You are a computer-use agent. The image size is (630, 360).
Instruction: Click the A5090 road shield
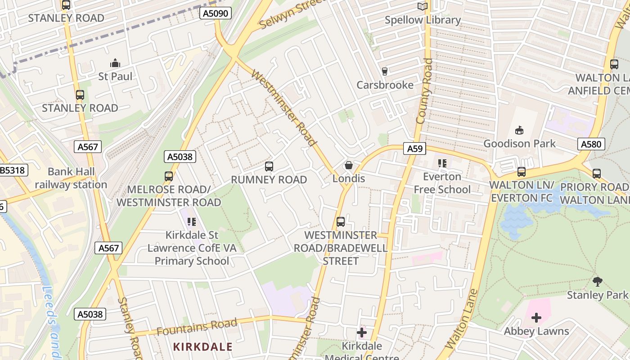click(216, 13)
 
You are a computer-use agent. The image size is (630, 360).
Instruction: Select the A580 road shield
click(591, 144)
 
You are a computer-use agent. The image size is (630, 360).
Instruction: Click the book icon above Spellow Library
click(422, 6)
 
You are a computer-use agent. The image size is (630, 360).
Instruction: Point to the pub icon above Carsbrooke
click(384, 71)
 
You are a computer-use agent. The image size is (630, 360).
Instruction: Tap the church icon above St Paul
click(115, 63)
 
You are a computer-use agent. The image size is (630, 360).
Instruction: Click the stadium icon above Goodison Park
click(519, 130)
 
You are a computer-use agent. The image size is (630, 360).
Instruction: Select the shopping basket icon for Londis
click(348, 165)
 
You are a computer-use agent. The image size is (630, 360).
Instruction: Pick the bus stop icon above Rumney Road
click(269, 166)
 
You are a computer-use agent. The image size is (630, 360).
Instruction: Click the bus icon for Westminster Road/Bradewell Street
click(341, 222)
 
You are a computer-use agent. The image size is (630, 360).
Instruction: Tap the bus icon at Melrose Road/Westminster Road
click(169, 176)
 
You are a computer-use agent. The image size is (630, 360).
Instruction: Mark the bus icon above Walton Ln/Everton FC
click(521, 171)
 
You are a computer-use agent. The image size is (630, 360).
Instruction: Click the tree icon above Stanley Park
click(597, 282)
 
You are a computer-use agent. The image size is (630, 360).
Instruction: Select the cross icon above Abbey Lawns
click(536, 318)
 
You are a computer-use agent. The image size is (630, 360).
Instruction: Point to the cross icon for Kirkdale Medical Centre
click(361, 333)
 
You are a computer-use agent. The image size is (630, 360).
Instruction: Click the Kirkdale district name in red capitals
click(203, 346)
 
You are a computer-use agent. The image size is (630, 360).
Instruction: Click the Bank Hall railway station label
click(71, 178)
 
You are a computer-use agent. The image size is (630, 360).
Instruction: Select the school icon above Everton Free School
click(442, 163)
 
